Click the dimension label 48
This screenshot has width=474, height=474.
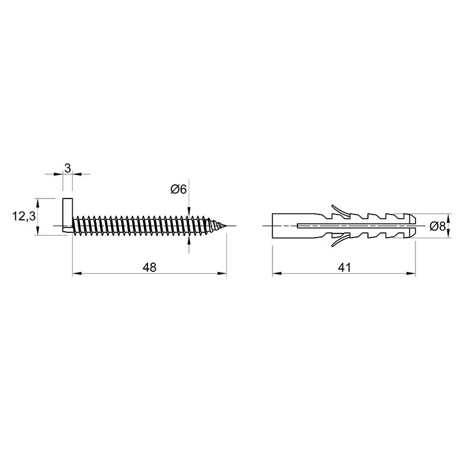[150, 267]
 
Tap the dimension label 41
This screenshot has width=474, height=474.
[344, 267]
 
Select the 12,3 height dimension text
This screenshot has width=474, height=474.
[24, 216]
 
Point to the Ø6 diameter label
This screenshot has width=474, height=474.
[178, 190]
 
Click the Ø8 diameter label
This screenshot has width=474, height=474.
[438, 226]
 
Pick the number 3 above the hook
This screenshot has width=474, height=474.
[68, 168]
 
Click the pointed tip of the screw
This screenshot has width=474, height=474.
[226, 226]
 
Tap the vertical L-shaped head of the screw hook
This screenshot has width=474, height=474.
[68, 215]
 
